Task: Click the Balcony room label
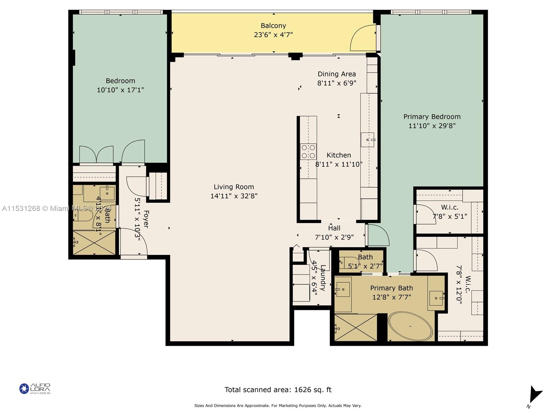tap(273, 26)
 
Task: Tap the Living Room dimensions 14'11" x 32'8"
tap(234, 196)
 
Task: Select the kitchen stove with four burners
tap(308, 152)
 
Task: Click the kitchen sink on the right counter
tap(367, 140)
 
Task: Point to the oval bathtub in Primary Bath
tap(410, 326)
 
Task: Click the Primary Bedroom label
tap(432, 117)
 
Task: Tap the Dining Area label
tap(337, 74)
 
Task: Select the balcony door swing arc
tap(361, 38)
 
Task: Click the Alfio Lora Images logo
tap(35, 389)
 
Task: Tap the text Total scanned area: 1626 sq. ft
tap(278, 390)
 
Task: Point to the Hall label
tap(334, 228)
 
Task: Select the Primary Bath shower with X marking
tap(355, 328)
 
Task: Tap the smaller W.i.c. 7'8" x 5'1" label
tap(450, 212)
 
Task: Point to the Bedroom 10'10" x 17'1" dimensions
tap(120, 90)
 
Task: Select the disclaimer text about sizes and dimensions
tap(278, 406)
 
